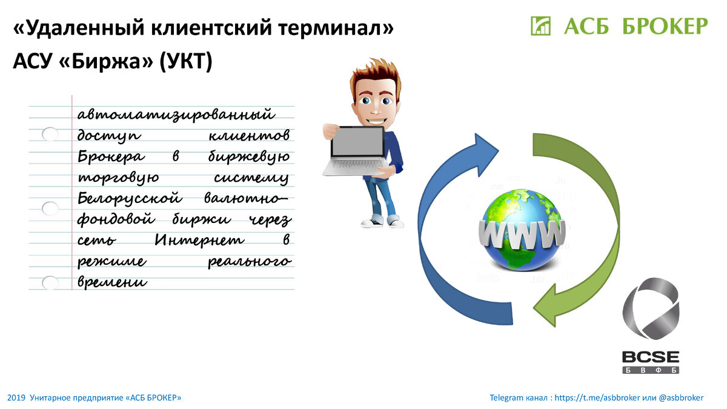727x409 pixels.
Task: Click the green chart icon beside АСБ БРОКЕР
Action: pyautogui.click(x=540, y=26)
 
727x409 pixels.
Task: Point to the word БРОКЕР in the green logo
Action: pyautogui.click(x=665, y=26)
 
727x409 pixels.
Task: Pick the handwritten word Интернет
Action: pyautogui.click(x=199, y=240)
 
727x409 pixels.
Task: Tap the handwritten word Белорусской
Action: pyautogui.click(x=130, y=198)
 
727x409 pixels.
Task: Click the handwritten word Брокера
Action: pyautogui.click(x=111, y=157)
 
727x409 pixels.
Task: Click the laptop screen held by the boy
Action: pyautogui.click(x=357, y=142)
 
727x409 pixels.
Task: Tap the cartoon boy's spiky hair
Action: pyautogui.click(x=376, y=72)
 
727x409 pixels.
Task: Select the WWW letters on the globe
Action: pyautogui.click(x=522, y=234)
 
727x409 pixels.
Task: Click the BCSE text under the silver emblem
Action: pyautogui.click(x=651, y=357)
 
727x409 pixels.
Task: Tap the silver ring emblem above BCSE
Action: pyautogui.click(x=651, y=308)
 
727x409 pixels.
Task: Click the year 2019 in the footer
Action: pyautogui.click(x=16, y=398)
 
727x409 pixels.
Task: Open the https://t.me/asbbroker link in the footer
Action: pyautogui.click(x=597, y=398)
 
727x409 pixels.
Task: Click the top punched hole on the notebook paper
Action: pyautogui.click(x=50, y=134)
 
